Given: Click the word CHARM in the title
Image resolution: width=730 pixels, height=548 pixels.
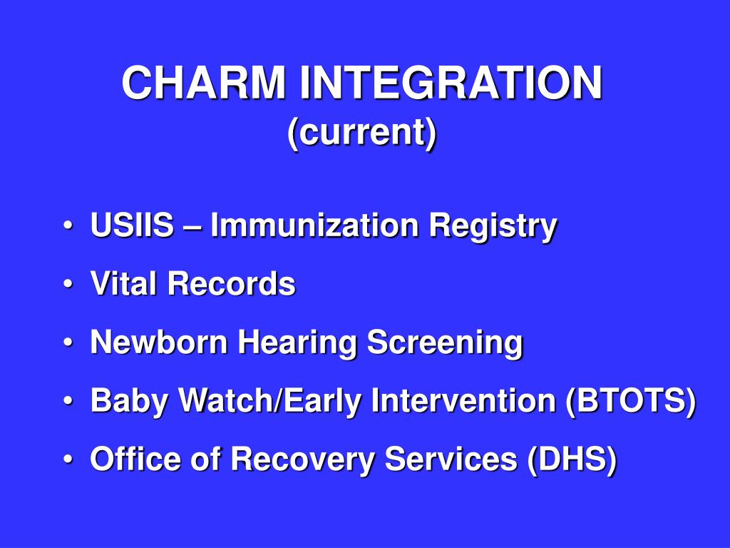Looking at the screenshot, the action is click(203, 83).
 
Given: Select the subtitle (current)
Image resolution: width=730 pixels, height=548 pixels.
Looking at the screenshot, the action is click(362, 133).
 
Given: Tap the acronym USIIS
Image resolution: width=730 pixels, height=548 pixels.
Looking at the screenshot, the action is click(132, 225).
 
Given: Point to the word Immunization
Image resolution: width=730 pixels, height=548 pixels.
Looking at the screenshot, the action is click(315, 225).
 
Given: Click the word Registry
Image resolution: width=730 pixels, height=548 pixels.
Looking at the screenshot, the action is click(493, 227).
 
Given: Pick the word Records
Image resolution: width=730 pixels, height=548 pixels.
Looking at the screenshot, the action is click(232, 283).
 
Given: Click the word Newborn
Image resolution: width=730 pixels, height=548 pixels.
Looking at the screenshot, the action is click(159, 342).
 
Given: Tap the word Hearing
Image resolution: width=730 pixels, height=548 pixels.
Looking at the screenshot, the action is click(297, 343).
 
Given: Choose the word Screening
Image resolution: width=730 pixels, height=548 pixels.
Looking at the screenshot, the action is click(445, 343).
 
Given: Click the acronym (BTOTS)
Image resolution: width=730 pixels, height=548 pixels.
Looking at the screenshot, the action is click(631, 401).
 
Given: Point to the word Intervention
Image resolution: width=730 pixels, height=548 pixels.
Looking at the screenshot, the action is click(463, 400).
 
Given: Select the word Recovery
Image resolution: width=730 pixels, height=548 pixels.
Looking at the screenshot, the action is click(302, 460).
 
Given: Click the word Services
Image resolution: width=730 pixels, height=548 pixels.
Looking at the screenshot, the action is click(451, 459).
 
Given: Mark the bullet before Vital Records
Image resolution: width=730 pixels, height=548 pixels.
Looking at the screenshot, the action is click(68, 284).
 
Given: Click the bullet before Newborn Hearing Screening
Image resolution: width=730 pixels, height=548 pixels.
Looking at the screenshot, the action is click(68, 342).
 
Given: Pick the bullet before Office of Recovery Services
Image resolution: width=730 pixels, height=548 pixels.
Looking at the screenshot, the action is click(68, 459).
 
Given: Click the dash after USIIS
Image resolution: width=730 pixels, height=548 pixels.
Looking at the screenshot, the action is click(192, 227).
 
